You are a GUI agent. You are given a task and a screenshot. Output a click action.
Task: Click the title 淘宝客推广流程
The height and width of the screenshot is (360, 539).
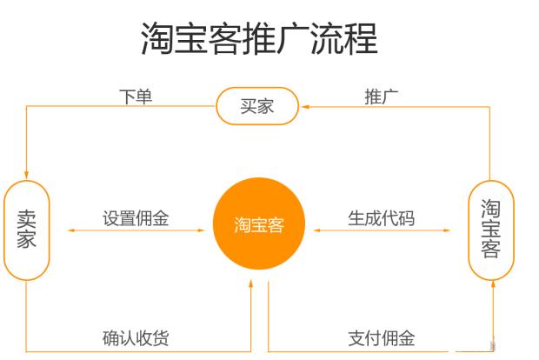pyautogui.click(x=260, y=38)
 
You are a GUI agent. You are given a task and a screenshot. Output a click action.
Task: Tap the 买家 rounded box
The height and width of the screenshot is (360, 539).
pyautogui.click(x=257, y=106)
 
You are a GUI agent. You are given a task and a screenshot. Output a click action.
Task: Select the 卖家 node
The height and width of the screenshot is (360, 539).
pyautogui.click(x=27, y=230)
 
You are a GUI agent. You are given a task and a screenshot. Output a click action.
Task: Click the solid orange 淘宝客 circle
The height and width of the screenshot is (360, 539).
pyautogui.click(x=259, y=223)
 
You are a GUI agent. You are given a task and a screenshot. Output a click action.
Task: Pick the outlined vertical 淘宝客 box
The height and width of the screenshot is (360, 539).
pyautogui.click(x=491, y=230)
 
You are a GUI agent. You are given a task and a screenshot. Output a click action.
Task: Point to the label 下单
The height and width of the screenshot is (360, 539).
pyautogui.click(x=136, y=97)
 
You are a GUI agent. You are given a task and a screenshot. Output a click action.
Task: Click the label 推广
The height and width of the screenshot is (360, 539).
pyautogui.click(x=382, y=97)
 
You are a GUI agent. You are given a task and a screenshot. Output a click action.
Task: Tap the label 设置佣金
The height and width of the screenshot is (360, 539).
pyautogui.click(x=136, y=218)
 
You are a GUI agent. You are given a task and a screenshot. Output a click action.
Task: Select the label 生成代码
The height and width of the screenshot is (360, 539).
pyautogui.click(x=382, y=218)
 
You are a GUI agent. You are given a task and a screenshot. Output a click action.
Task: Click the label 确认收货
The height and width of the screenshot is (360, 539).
pyautogui.click(x=136, y=338)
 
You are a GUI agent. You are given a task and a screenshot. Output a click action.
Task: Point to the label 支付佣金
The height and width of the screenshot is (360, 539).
pyautogui.click(x=382, y=338)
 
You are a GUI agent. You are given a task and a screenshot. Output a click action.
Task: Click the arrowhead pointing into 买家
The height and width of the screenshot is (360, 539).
pyautogui.click(x=305, y=107)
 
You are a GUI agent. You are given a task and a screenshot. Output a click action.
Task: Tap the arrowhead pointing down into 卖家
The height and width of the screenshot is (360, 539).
pyautogui.click(x=26, y=175)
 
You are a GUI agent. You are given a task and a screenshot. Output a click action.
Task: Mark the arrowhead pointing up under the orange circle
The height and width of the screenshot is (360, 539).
pyautogui.click(x=251, y=284)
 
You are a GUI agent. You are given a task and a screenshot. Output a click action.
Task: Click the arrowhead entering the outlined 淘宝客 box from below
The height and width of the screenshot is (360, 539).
pyautogui.click(x=493, y=284)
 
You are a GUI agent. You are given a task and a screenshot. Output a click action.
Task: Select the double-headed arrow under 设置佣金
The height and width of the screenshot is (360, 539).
pyautogui.click(x=136, y=230)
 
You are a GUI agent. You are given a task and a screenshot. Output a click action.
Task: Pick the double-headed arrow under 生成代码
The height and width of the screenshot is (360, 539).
pyautogui.click(x=382, y=230)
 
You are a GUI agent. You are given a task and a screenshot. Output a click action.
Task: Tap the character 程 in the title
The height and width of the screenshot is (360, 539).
pyautogui.click(x=362, y=38)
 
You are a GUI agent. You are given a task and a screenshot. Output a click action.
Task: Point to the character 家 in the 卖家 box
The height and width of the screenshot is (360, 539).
pyautogui.click(x=26, y=239)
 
